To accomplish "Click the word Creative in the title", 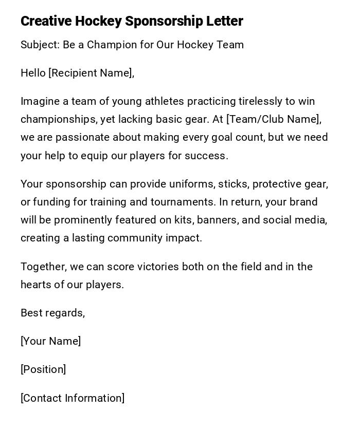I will click(46, 21).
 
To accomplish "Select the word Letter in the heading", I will click(225, 21).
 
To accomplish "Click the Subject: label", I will click(40, 45).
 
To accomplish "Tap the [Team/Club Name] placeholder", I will click(274, 119).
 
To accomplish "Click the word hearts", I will click(37, 285).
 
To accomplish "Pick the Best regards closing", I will click(52, 313).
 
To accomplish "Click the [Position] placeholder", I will click(43, 369).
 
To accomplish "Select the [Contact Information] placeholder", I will click(73, 398).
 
